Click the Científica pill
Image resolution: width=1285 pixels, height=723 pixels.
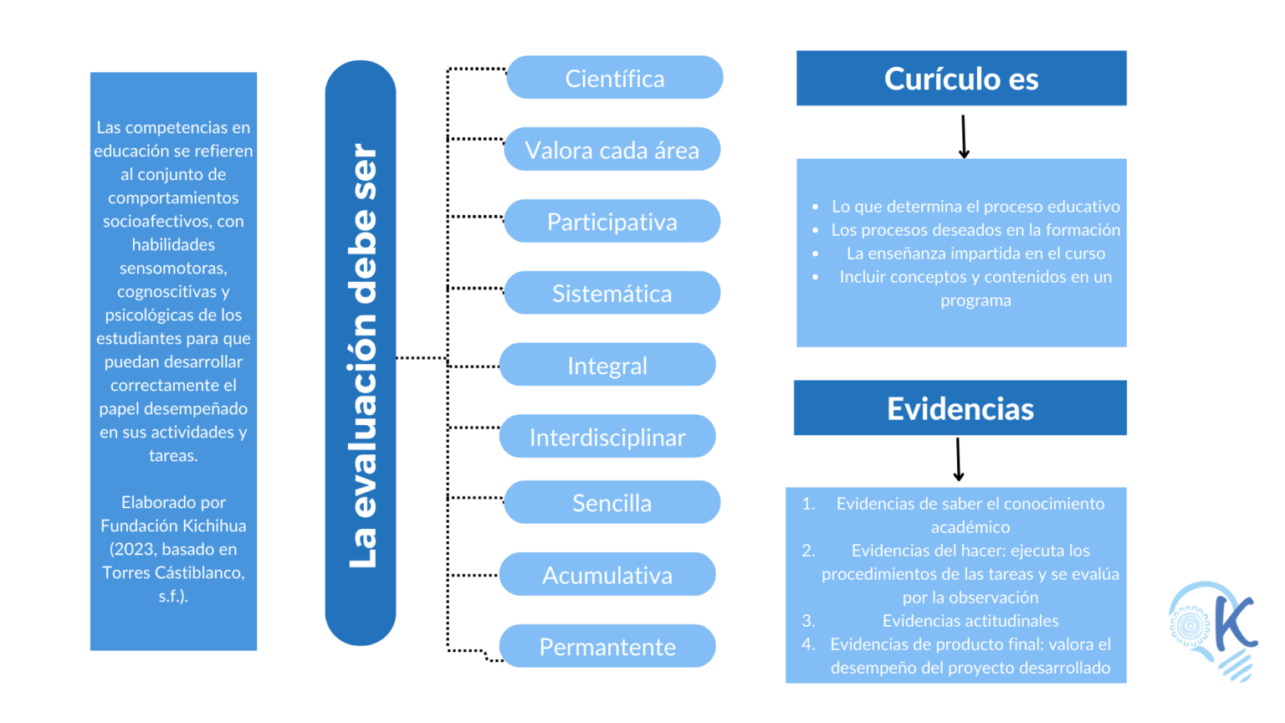(614, 78)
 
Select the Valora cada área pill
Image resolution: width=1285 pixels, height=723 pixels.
(612, 150)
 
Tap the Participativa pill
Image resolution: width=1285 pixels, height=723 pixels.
(612, 222)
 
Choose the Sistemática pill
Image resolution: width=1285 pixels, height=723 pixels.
(612, 293)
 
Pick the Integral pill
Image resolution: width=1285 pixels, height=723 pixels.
(607, 365)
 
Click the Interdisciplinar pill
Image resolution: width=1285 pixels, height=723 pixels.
(607, 437)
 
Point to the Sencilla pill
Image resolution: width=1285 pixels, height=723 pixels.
(612, 502)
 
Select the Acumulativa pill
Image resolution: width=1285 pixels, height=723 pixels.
(607, 575)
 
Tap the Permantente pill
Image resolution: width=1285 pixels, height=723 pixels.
(607, 646)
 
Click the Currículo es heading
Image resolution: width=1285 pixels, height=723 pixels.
(961, 79)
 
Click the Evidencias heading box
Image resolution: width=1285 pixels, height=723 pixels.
(960, 408)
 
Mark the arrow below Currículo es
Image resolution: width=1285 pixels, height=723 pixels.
(964, 136)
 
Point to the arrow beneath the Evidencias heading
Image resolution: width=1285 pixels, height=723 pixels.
(959, 459)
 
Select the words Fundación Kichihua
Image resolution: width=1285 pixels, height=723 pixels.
(173, 526)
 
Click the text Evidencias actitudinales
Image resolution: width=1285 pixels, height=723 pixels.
(970, 621)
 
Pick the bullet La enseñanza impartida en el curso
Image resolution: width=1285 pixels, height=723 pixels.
(975, 254)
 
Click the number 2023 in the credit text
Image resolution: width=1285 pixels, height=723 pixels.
(132, 549)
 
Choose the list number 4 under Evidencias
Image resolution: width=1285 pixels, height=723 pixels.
(807, 644)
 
